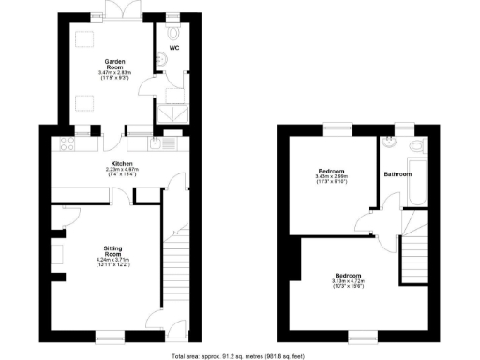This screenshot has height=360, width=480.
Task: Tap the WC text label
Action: [173, 47]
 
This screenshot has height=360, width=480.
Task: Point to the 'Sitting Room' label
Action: [112, 251]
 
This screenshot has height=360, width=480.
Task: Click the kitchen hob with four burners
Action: [67, 143]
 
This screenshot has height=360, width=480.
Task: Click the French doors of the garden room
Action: [119, 13]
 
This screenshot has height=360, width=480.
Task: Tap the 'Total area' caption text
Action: [238, 355]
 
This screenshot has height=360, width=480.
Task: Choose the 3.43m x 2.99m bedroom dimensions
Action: [332, 178]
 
